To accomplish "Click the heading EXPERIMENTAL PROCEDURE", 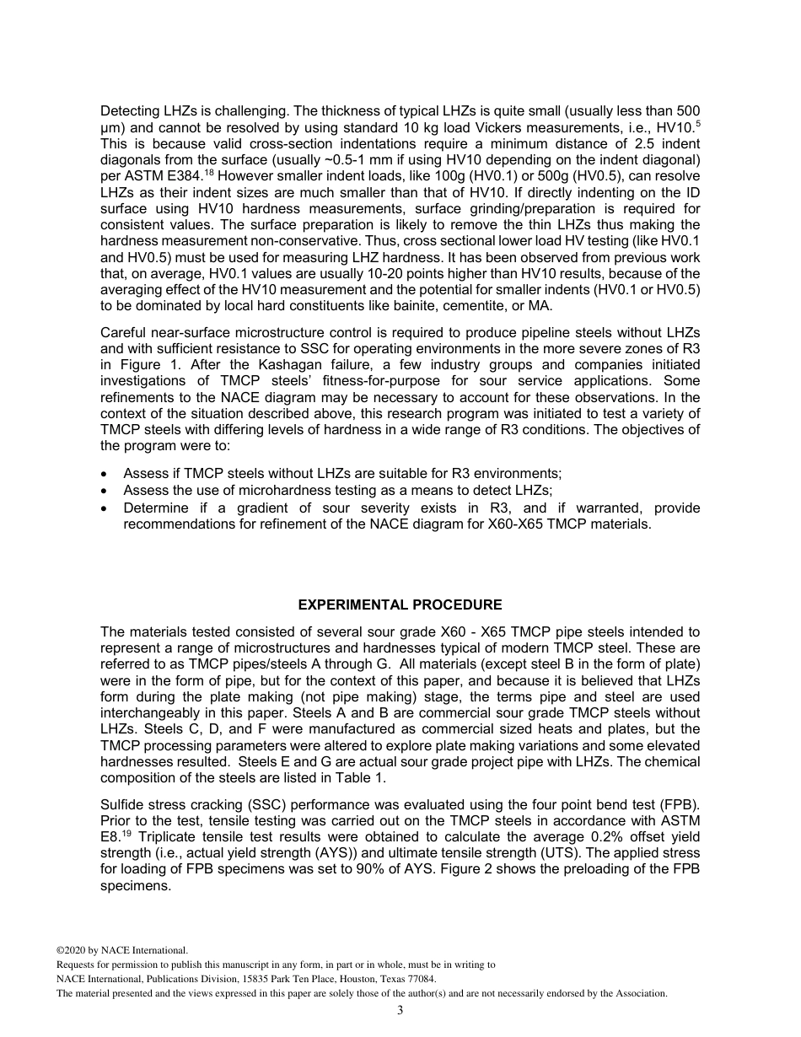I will tap(400, 605).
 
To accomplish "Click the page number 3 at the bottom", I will tap(400, 1011).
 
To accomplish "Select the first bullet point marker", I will tap(104, 475).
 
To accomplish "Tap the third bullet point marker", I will tap(104, 508).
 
